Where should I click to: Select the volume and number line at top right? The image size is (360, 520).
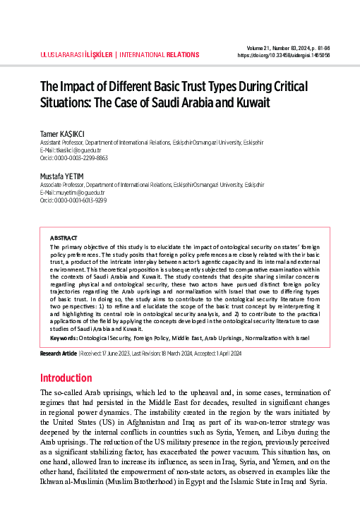289,47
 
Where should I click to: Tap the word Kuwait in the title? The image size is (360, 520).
253,102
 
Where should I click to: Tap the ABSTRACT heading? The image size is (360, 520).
64,238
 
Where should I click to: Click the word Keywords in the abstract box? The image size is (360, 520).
64,339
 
